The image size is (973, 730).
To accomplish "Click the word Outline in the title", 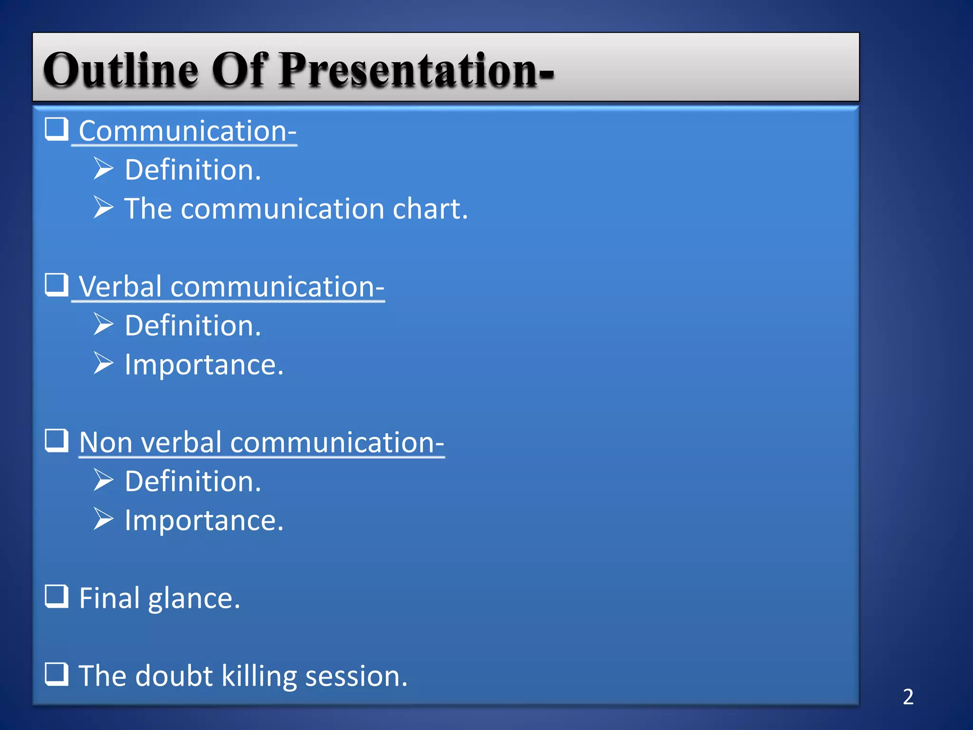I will tap(121, 70).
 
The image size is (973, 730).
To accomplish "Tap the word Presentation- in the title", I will tap(416, 70).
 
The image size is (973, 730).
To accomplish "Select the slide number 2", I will tap(908, 697).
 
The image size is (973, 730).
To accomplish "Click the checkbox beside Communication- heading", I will tap(57, 129).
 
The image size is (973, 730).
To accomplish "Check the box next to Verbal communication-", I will tap(57, 285).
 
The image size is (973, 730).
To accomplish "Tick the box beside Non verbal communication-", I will tap(57, 441).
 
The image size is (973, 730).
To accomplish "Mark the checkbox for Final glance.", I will tap(57, 596).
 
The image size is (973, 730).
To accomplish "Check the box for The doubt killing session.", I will tap(57, 674).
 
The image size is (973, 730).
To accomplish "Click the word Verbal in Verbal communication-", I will tap(121, 287).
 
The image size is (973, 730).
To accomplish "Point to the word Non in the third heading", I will tap(105, 442).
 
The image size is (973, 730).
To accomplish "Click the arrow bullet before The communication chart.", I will tap(103, 207).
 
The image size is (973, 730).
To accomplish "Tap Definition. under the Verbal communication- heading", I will tap(193, 326).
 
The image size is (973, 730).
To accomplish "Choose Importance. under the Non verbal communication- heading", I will tap(204, 520).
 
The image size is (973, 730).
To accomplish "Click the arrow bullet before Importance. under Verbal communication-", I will tap(103, 363).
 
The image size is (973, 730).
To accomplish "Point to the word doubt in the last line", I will tap(174, 676).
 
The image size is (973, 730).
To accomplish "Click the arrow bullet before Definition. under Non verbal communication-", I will tap(103, 480).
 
